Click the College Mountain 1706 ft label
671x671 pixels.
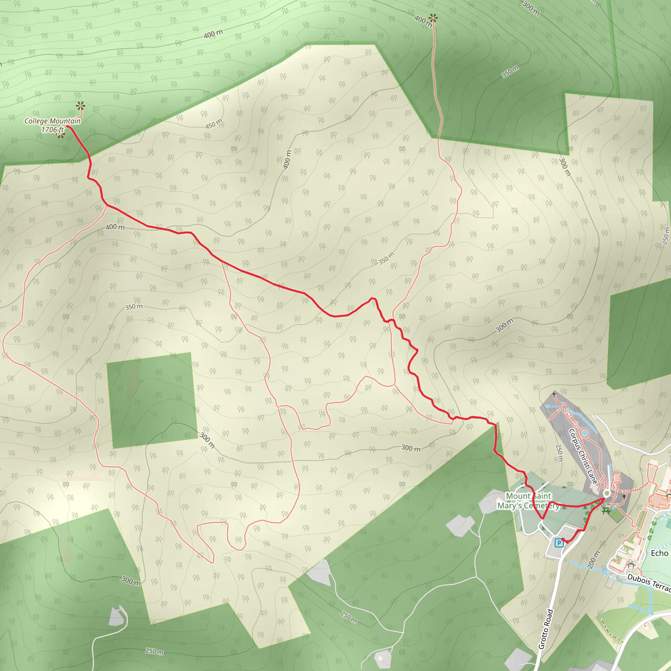(x=52, y=125)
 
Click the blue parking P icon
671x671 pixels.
(x=559, y=543)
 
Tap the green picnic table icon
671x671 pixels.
(x=606, y=510)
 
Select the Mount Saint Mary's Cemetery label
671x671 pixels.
(x=528, y=501)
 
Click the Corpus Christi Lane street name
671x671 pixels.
(x=583, y=456)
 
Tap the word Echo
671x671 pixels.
(x=659, y=553)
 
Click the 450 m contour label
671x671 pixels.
(x=213, y=124)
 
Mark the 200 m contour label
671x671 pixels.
(x=594, y=560)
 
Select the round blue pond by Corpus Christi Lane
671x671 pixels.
(x=584, y=432)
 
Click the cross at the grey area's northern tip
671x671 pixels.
(x=554, y=394)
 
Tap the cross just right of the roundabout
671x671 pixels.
(x=624, y=496)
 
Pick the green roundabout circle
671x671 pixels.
(x=607, y=493)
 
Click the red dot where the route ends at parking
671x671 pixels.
(x=563, y=539)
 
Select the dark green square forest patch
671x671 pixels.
(x=152, y=400)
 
